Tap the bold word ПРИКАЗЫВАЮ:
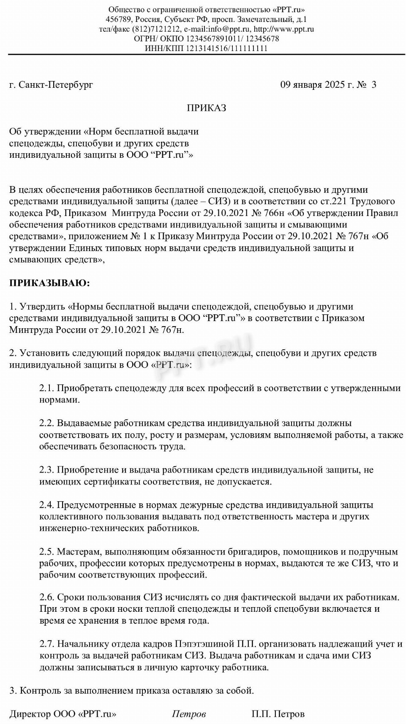(49, 283)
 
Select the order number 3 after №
(373, 85)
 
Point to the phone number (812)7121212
(157, 29)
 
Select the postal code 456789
(118, 19)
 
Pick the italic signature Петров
(189, 714)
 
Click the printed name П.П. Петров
(278, 714)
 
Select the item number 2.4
(46, 505)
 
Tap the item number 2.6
(46, 597)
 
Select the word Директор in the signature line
(30, 714)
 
